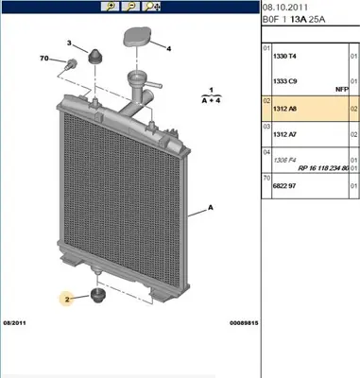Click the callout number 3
pyautogui.click(x=69, y=43)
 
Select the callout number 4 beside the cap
pyautogui.click(x=168, y=47)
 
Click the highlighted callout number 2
pyautogui.click(x=67, y=299)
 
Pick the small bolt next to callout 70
pyautogui.click(x=71, y=65)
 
